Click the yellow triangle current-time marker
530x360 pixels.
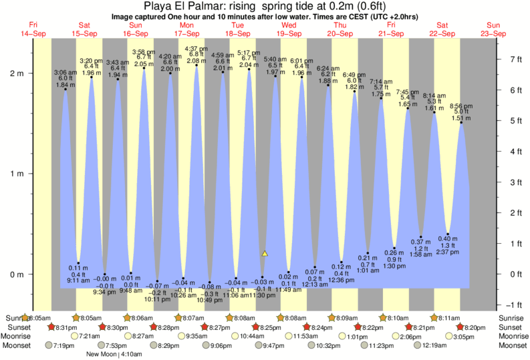pyautogui.click(x=265, y=254)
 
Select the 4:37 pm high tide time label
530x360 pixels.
pyautogui.click(x=196, y=49)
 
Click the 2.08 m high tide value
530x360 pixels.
pyautogui.click(x=196, y=61)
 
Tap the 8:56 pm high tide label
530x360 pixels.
pyautogui.click(x=461, y=106)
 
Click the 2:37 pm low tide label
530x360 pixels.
pyautogui.click(x=448, y=252)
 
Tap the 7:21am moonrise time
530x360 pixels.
pyautogui.click(x=89, y=336)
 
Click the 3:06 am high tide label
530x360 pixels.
pyautogui.click(x=65, y=72)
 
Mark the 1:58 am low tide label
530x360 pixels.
pyautogui.click(x=421, y=255)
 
